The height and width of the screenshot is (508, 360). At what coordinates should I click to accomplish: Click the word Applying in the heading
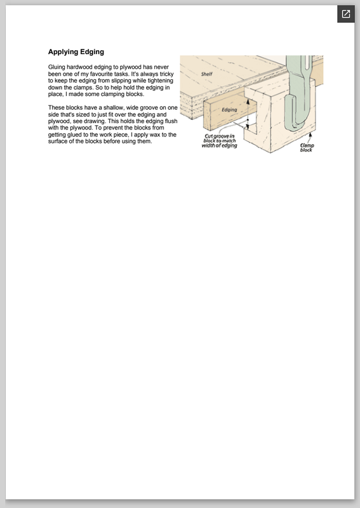pos(63,52)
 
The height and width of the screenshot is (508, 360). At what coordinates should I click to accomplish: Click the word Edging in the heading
pos(92,52)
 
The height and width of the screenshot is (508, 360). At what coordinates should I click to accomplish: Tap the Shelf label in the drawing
pos(207,74)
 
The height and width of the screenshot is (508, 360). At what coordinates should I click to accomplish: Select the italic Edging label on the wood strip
pos(229,110)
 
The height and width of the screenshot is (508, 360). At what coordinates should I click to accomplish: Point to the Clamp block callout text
pos(307,148)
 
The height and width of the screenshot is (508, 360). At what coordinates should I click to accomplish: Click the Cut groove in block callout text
pos(220,141)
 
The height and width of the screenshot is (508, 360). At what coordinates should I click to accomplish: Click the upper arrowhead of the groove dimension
pos(248,102)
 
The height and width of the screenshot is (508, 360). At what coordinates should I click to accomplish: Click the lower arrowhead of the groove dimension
pos(248,126)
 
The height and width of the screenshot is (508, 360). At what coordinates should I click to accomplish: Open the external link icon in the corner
pos(346,14)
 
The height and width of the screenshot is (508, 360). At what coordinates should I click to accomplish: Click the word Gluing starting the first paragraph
pos(57,67)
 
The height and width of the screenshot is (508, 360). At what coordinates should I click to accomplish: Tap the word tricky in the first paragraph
pos(166,74)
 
